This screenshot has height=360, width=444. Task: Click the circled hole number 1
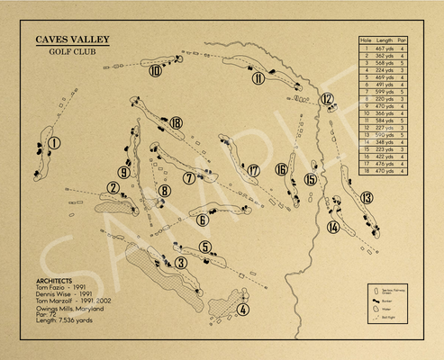pyautogui.click(x=55, y=142)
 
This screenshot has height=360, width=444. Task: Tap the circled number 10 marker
pyautogui.click(x=156, y=71)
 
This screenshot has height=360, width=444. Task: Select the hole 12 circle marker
pyautogui.click(x=327, y=99)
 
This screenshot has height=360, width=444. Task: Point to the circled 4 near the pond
pyautogui.click(x=242, y=310)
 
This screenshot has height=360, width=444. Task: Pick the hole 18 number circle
pyautogui.click(x=176, y=122)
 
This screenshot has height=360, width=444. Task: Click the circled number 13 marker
pyautogui.click(x=367, y=197)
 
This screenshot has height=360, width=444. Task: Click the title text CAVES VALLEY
pyautogui.click(x=73, y=40)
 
